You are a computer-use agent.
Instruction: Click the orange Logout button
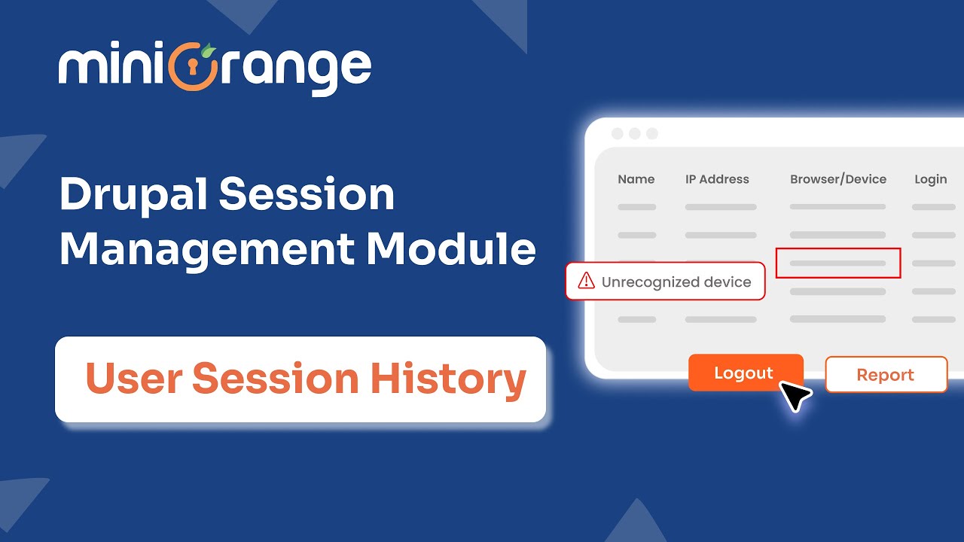tap(745, 373)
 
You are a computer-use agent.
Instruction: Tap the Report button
tap(886, 375)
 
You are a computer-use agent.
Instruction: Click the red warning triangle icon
tap(586, 282)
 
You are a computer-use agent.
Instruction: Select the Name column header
tap(636, 179)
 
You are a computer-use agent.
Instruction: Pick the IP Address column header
tap(717, 179)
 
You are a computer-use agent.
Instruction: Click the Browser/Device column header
tap(837, 179)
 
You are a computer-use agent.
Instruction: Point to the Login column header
tap(930, 179)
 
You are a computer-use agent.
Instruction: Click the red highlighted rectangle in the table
tap(837, 263)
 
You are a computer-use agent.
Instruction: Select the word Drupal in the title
tap(133, 194)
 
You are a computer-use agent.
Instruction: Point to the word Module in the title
tap(452, 248)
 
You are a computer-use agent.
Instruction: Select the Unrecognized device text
tap(676, 282)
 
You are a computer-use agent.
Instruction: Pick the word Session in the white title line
tap(307, 194)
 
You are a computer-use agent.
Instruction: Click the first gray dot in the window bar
tap(618, 134)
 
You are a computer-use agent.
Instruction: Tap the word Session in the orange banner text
tap(276, 379)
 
